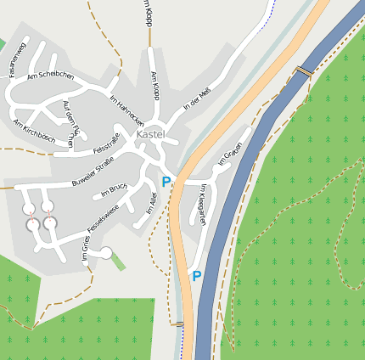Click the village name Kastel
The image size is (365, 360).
coord(150,134)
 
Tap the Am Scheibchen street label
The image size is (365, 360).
coord(50,76)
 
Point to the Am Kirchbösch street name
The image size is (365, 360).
coord(34,130)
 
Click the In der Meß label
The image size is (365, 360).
coord(197,98)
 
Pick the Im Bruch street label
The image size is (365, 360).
coord(113,191)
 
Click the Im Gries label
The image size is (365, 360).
coord(86,248)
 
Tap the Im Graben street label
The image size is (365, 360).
coord(230,153)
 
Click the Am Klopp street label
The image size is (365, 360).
coord(154,86)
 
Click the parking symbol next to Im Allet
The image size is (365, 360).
coord(166,181)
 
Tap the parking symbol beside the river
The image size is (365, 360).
coord(196,276)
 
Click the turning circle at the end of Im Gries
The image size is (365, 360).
coord(106,252)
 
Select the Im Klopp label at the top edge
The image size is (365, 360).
coord(147,12)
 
